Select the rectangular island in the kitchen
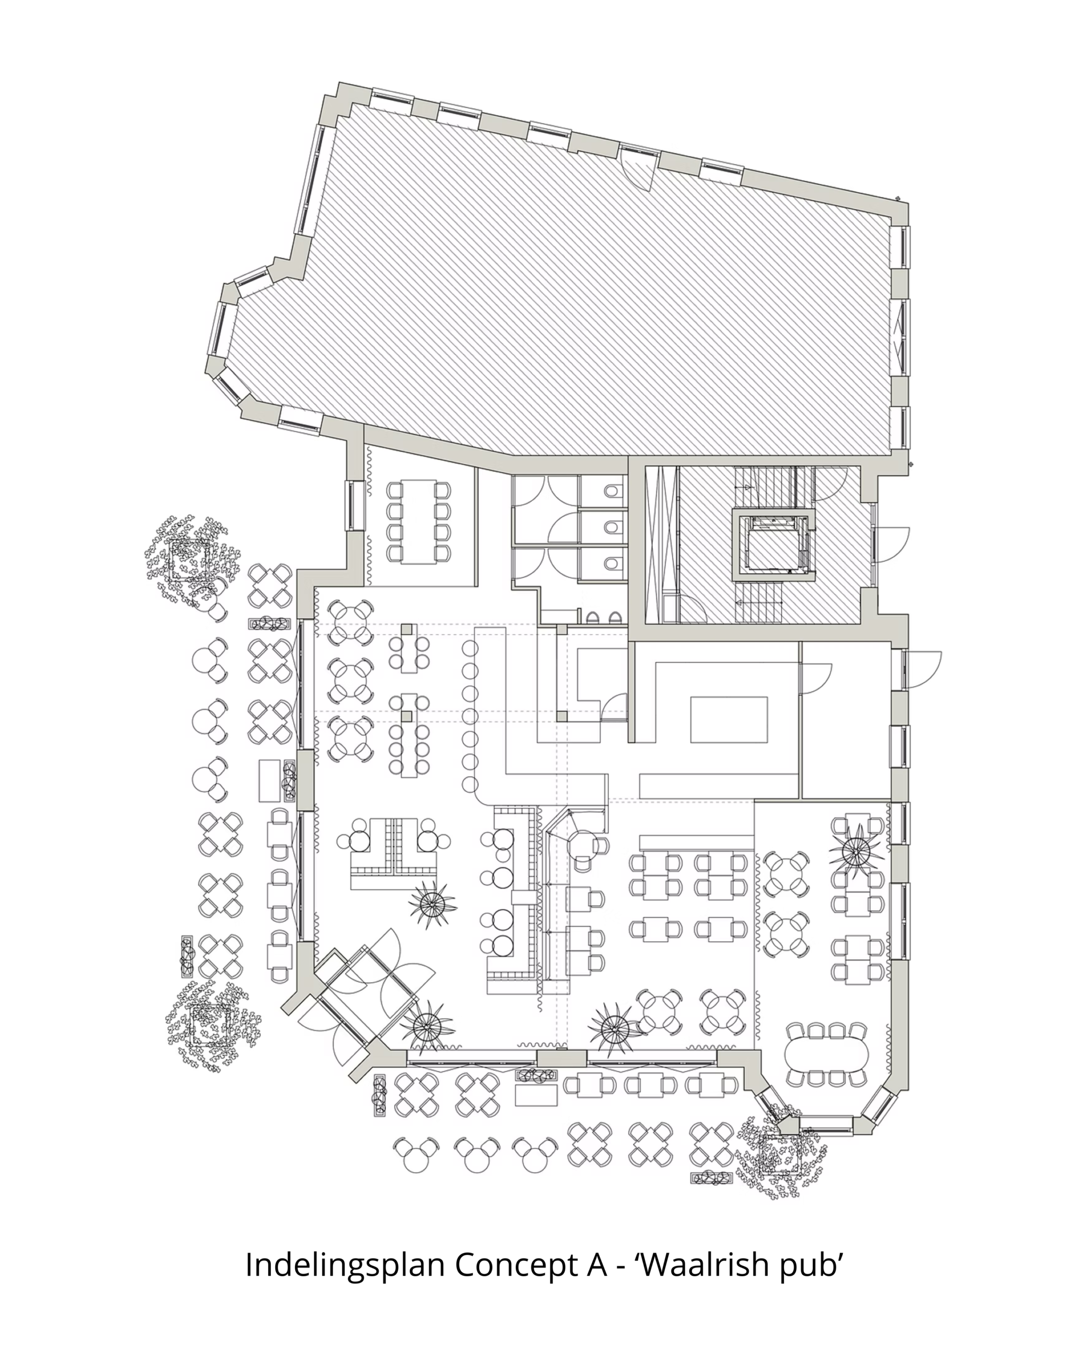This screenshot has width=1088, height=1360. pyautogui.click(x=729, y=720)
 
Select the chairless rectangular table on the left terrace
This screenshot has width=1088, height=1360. pyautogui.click(x=269, y=780)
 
